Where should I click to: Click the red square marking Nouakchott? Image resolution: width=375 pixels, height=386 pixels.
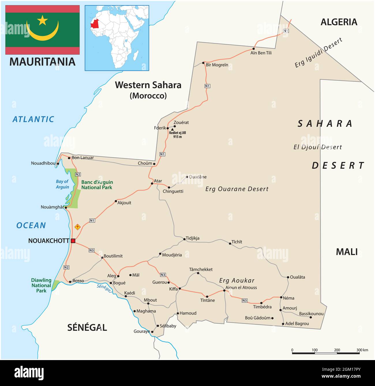(x=73, y=241)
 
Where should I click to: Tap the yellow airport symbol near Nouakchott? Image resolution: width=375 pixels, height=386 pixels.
(x=77, y=227)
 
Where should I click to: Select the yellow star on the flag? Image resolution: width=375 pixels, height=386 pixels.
(x=42, y=20)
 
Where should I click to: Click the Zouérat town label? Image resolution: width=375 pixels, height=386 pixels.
(x=181, y=122)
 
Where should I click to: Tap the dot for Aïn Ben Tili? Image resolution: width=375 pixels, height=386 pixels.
(x=254, y=49)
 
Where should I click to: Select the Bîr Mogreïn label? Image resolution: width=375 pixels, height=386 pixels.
(x=217, y=65)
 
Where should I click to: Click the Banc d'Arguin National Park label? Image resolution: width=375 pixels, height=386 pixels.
(x=97, y=185)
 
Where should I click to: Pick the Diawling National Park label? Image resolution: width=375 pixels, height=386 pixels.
(x=41, y=285)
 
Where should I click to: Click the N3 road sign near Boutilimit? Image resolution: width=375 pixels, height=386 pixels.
(x=91, y=250)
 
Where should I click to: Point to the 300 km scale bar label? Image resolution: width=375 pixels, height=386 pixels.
(x=362, y=350)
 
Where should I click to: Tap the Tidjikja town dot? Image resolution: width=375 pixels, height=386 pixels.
(x=184, y=239)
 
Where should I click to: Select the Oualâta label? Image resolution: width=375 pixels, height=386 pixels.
(x=297, y=277)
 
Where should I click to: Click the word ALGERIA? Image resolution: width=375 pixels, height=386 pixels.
(x=339, y=22)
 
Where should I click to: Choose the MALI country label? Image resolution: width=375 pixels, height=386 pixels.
(x=346, y=252)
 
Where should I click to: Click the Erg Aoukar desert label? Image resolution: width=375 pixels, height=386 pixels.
(x=237, y=280)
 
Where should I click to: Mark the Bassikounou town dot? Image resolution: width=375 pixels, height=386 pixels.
(x=311, y=317)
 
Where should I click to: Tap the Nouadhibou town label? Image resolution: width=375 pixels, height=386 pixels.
(x=43, y=163)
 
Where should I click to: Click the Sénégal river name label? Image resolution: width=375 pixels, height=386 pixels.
(x=104, y=288)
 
